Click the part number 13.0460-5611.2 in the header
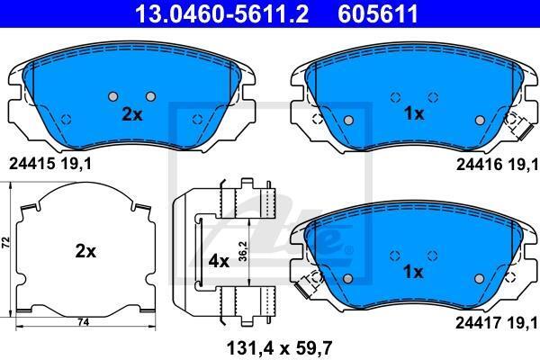[x=222, y=13]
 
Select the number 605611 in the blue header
[x=378, y=13]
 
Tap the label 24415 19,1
[x=50, y=164]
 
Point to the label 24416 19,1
[x=497, y=165]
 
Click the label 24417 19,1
[x=497, y=323]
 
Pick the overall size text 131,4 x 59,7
[x=279, y=348]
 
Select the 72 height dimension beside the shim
[x=6, y=242]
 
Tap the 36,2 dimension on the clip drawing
[x=243, y=251]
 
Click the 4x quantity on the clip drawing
[x=219, y=262]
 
